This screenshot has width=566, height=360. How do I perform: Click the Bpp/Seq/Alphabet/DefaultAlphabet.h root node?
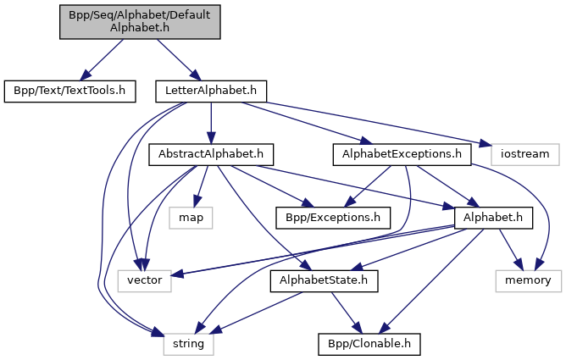(x=140, y=21)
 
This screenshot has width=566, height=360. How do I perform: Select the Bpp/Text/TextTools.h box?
(x=69, y=89)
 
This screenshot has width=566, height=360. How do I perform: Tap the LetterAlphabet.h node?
(x=211, y=89)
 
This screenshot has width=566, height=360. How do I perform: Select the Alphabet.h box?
(x=492, y=218)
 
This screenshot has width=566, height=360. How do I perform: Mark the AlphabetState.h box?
(x=323, y=280)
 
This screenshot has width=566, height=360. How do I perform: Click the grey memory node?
(x=529, y=280)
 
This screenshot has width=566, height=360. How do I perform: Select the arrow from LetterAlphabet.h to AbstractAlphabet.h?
(x=211, y=122)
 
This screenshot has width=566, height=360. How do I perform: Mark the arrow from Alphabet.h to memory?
(x=509, y=247)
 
